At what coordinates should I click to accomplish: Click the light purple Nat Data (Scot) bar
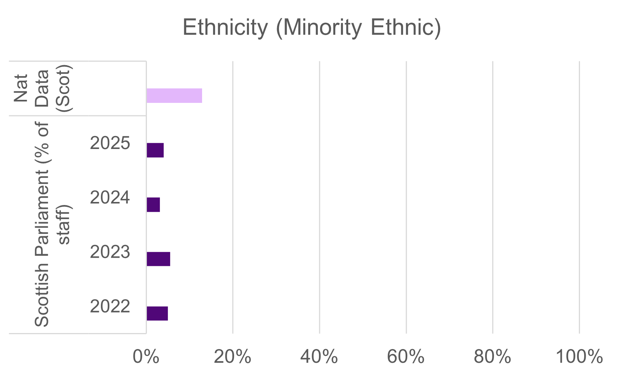[x=174, y=96]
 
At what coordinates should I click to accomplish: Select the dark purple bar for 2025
[x=155, y=150]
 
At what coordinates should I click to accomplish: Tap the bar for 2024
[x=153, y=205]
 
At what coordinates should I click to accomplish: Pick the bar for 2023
[x=158, y=259]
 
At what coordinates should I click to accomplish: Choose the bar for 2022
[x=157, y=313]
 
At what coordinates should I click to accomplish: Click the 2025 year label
[x=110, y=144]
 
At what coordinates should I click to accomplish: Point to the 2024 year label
[x=110, y=198]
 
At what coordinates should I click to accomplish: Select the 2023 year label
[x=110, y=253]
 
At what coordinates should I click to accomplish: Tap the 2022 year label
[x=110, y=307]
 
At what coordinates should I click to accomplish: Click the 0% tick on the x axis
[x=146, y=357]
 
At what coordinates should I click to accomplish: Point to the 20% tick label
[x=233, y=357]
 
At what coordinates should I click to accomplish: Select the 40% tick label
[x=319, y=357]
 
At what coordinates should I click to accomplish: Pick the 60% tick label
[x=406, y=357]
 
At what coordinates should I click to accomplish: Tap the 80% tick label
[x=492, y=357]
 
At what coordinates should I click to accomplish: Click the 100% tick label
[x=579, y=357]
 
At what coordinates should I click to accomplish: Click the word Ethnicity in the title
[x=225, y=28]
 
